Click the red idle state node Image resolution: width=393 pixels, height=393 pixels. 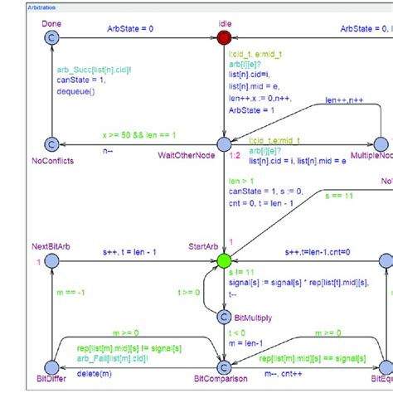224,38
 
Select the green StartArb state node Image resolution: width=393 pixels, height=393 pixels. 224,260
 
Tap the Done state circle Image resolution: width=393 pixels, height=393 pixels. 51,38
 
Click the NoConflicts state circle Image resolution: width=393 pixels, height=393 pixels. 51,144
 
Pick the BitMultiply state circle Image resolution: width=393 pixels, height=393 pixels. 224,316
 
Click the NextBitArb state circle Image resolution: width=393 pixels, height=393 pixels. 51,260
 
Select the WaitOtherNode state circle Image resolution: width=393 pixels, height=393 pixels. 224,144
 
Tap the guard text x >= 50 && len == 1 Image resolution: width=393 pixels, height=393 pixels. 139,134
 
